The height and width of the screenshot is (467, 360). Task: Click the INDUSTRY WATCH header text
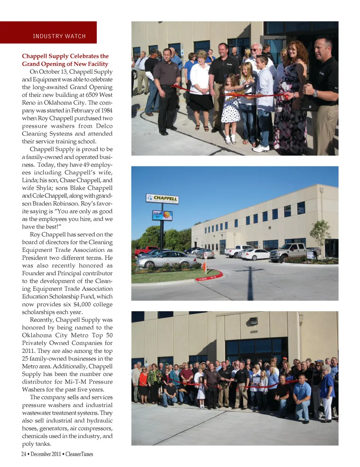(x=59, y=36)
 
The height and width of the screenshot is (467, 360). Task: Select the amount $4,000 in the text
(x=82, y=304)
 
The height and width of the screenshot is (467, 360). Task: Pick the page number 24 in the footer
(x=24, y=454)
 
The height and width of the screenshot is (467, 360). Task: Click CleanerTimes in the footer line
(x=79, y=454)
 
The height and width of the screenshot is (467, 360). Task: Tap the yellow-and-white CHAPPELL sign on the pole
(x=162, y=198)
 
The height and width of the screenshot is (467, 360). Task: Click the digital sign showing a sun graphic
(x=162, y=215)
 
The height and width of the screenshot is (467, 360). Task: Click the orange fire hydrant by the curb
(x=205, y=267)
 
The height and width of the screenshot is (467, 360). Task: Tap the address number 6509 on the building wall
(x=254, y=332)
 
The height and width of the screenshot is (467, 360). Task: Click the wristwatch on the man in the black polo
(x=315, y=94)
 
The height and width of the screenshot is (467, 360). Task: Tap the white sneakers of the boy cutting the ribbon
(x=261, y=149)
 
